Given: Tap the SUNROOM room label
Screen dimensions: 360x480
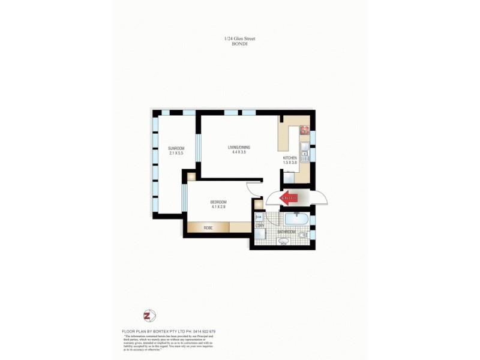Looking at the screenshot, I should (176, 148).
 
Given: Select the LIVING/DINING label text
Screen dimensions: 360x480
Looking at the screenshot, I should (239, 148).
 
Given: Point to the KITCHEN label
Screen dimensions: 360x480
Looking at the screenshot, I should (290, 158).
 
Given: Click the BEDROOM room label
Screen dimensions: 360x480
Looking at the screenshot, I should (218, 202).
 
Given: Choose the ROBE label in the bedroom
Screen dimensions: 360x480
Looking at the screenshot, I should (208, 228).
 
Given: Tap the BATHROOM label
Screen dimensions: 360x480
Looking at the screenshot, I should (286, 232).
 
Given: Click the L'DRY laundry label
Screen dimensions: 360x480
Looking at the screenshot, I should (260, 226).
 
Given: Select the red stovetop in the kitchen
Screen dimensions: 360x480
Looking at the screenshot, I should (304, 130).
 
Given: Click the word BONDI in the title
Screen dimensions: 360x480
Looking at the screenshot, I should (239, 44).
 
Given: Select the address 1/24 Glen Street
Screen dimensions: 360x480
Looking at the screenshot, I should (239, 39).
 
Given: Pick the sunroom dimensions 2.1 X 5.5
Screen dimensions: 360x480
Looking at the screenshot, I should (176, 153).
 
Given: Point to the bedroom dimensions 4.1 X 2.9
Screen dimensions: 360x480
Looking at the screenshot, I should (218, 207).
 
